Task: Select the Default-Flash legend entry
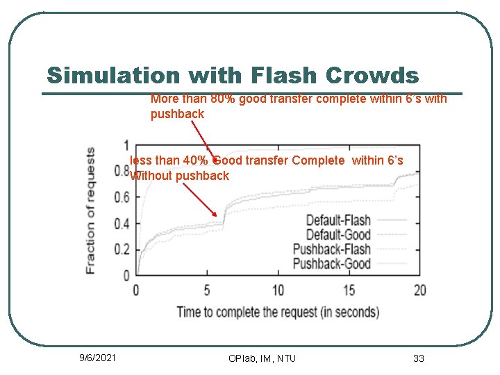[338, 221]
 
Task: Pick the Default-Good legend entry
[338, 235]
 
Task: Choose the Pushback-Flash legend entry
[332, 249]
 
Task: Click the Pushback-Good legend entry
[332, 264]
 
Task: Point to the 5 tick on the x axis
[207, 290]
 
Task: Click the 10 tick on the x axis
[278, 290]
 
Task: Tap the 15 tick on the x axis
[349, 290]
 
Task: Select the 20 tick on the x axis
[419, 290]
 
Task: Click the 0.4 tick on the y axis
[122, 224]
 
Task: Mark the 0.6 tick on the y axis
[122, 198]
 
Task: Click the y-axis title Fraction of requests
[90, 210]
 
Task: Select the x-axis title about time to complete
[278, 312]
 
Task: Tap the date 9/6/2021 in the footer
[98, 358]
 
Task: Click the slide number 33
[418, 358]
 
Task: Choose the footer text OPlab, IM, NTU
[262, 358]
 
